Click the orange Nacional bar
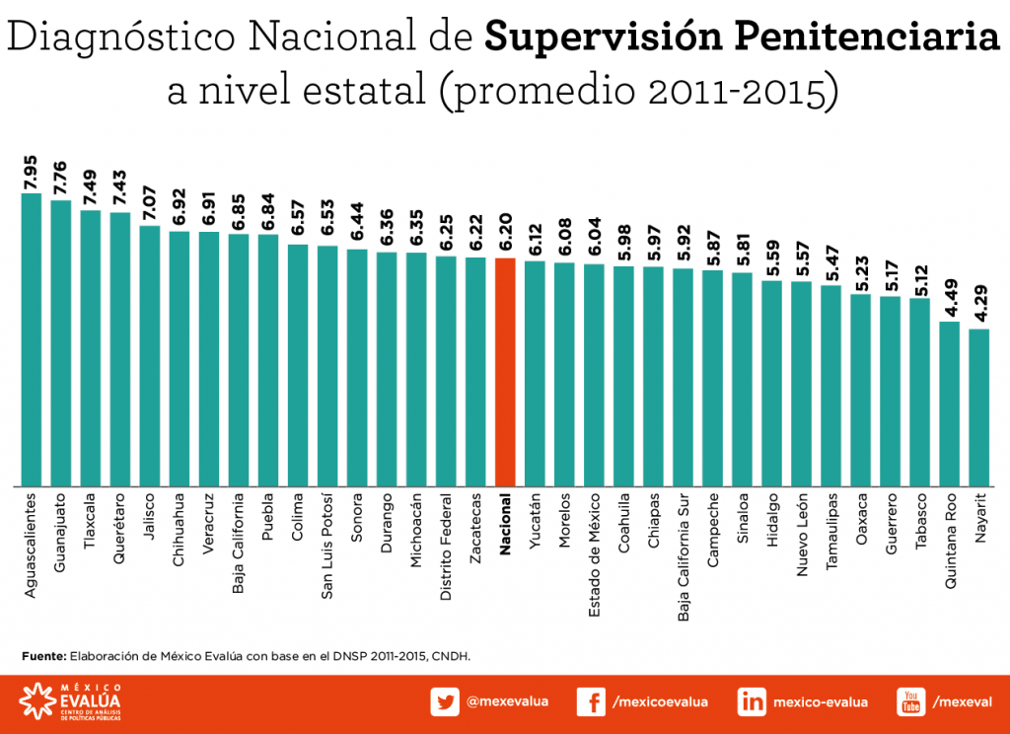505,372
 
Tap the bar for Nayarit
978,406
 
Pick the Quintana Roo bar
949,403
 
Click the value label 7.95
31,172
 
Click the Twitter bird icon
446,702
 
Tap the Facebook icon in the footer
591,702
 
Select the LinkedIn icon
752,702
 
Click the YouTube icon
909,702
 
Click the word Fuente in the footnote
42,654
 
